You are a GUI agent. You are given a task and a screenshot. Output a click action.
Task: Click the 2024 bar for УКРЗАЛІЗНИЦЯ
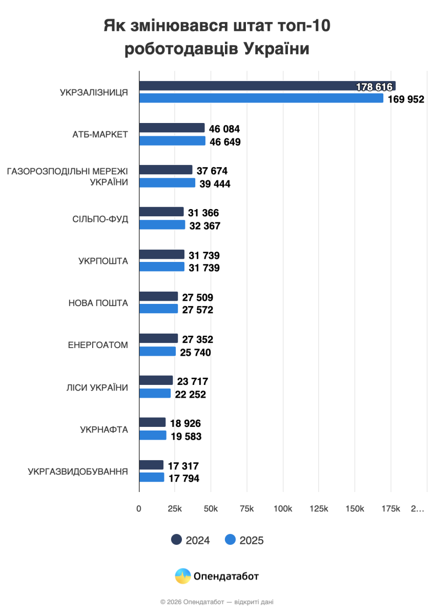click(266, 86)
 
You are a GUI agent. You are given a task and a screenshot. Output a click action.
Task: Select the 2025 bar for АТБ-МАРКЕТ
click(172, 141)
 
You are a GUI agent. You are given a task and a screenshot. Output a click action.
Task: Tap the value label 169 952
click(406, 99)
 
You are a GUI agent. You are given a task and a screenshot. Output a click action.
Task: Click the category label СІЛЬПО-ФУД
click(100, 219)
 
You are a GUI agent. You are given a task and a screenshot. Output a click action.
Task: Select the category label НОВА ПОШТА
click(98, 303)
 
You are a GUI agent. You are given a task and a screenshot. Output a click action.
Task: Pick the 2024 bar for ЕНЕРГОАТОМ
click(158, 338)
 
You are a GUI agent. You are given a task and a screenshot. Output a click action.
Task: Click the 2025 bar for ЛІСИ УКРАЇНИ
click(155, 393)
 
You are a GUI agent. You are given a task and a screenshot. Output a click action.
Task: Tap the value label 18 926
click(185, 423)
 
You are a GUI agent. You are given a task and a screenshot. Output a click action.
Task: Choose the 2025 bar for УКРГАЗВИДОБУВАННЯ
click(152, 477)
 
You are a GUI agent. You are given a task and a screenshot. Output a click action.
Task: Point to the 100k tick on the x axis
click(283, 509)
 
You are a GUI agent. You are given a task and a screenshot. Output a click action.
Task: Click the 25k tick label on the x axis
click(175, 509)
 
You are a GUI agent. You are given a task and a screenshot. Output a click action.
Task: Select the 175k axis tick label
click(391, 509)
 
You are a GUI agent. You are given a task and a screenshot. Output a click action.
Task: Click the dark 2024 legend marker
click(177, 540)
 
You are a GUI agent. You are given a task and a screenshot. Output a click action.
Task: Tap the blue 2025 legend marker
click(231, 540)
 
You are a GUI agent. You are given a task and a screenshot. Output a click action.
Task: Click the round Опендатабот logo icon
click(182, 576)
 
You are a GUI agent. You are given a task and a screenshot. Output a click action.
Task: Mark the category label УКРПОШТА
click(103, 261)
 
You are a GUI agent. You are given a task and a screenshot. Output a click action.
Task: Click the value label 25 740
click(194, 353)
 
